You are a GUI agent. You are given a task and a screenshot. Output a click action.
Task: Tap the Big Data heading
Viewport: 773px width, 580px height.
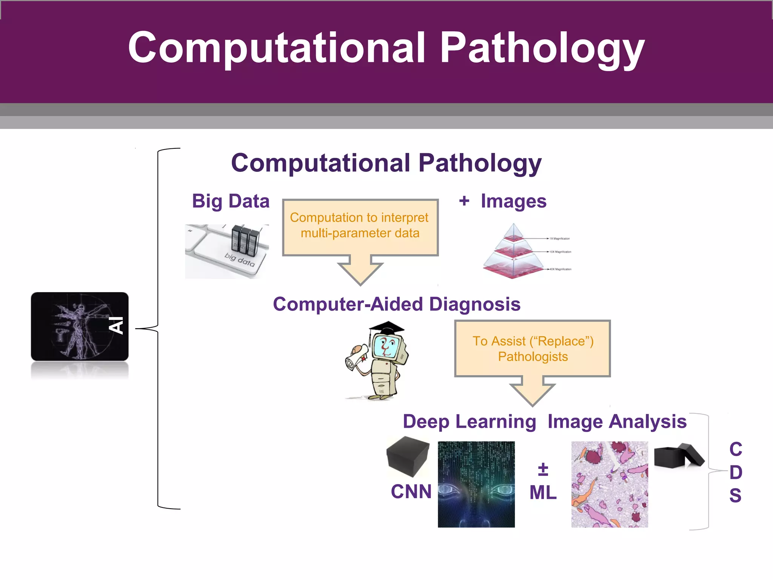tap(231, 201)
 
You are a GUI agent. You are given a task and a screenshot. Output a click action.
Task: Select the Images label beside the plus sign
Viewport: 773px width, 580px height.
tap(513, 201)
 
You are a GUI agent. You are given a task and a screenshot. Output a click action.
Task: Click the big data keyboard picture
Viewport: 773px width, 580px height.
tap(227, 251)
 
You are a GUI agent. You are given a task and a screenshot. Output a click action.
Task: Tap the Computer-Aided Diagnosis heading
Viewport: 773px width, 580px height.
tap(396, 304)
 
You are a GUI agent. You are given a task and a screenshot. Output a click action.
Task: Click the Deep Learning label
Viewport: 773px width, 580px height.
tap(469, 421)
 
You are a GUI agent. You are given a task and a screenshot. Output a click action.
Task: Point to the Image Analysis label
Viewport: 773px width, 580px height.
tap(617, 421)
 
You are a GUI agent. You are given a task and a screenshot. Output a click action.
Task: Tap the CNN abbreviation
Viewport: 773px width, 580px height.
tap(411, 492)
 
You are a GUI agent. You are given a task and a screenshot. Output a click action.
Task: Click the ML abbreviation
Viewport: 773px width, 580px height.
tap(543, 493)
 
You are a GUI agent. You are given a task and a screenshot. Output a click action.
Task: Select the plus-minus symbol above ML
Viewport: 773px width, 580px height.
tap(543, 469)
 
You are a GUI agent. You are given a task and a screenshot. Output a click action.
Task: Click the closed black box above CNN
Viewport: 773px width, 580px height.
tap(408, 456)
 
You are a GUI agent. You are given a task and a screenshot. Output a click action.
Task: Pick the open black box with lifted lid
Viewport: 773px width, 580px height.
tap(678, 456)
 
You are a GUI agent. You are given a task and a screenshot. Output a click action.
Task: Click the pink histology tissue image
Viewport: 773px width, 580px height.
tap(610, 484)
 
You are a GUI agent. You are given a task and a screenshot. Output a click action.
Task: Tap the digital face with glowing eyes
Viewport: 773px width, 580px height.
tap(476, 484)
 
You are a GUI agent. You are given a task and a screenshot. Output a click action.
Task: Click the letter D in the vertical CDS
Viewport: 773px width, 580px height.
tap(736, 472)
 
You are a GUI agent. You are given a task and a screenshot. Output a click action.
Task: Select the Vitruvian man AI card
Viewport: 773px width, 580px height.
tap(80, 326)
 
